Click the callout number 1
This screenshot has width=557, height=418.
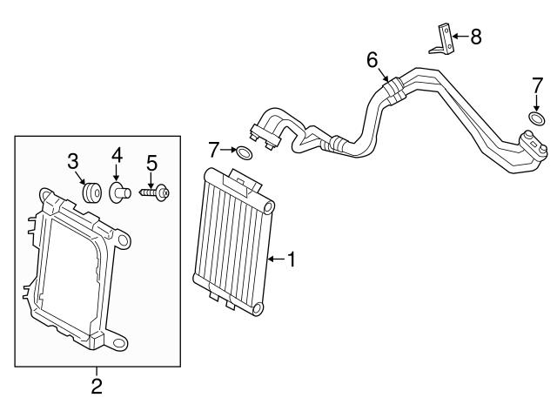point(292,259)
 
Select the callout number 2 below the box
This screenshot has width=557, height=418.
point(97,385)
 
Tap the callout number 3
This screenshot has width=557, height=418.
point(74,161)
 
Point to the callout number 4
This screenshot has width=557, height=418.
point(117,158)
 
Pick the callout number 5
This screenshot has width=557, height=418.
point(151,162)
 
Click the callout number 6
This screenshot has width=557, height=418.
point(372,60)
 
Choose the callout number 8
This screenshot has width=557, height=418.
point(475,37)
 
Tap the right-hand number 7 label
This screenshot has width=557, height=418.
point(537,84)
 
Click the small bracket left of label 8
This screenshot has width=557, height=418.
point(443,40)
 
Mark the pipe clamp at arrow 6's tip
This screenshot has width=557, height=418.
point(393,88)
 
